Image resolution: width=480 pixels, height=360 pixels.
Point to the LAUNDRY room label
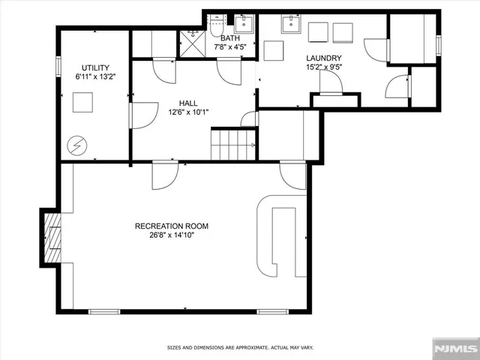(324, 58)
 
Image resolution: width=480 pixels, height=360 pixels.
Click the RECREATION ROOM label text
(171, 226)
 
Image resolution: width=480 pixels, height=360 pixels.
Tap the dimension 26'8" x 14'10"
(171, 235)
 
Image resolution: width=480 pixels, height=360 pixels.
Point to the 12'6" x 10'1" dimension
(188, 113)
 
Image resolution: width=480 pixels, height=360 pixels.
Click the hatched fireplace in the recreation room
(52, 238)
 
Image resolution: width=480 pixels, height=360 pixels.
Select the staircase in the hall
(233, 144)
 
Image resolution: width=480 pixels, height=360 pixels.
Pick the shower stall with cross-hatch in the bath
(193, 43)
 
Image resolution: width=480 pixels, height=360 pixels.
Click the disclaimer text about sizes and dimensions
(239, 347)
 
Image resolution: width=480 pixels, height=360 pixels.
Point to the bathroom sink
(244, 25)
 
